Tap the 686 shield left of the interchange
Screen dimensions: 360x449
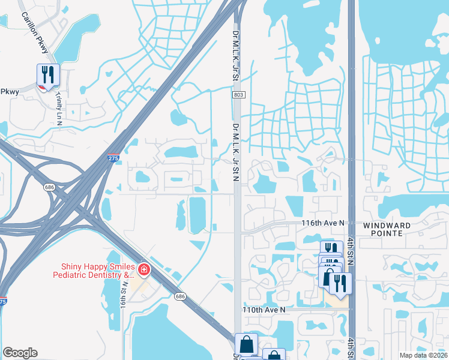(47, 187)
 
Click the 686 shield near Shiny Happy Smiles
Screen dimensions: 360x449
(179, 296)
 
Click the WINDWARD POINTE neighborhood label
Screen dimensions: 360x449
(387, 229)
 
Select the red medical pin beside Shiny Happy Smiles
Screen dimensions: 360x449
(143, 270)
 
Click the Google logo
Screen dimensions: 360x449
(20, 353)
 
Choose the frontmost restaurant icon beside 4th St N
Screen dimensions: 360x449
(340, 284)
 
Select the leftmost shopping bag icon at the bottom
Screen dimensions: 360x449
(246, 345)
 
